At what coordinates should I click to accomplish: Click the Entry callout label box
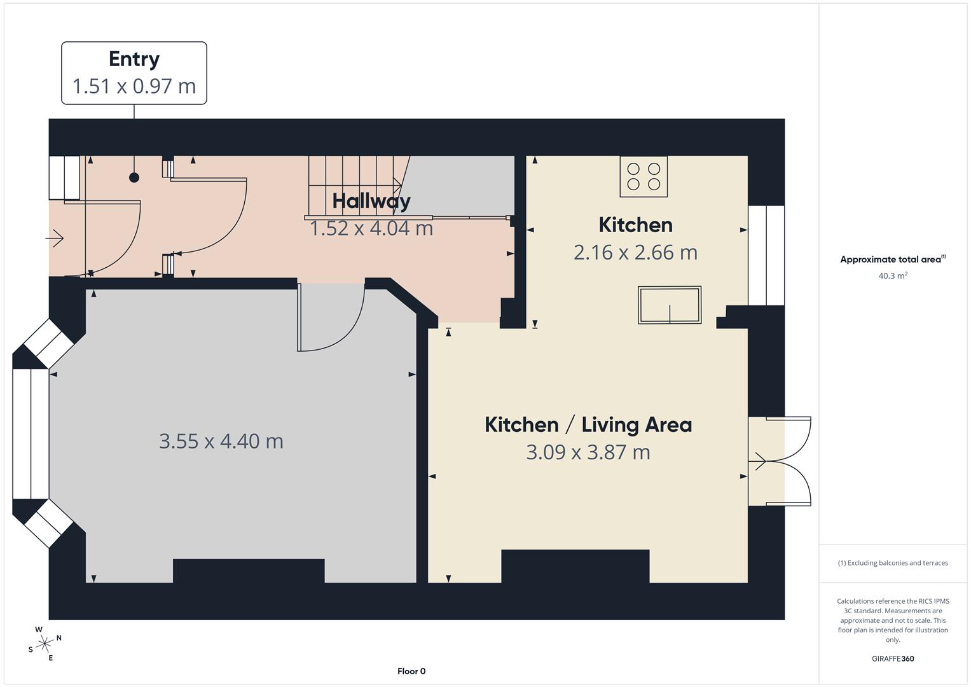coord(134,73)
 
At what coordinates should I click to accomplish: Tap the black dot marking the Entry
coord(134,177)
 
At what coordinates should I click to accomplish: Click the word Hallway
coord(371,202)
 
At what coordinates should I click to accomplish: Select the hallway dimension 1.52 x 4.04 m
coord(371,228)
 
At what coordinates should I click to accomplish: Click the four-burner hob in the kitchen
coord(644,177)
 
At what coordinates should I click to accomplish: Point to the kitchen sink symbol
coord(670,305)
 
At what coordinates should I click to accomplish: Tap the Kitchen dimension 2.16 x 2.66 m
coord(635,253)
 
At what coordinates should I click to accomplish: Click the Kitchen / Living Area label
coord(588,425)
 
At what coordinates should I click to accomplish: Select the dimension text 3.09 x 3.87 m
coord(588,452)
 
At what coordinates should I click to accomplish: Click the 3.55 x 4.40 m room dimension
coord(221,441)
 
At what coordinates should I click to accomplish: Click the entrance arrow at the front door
coord(55,238)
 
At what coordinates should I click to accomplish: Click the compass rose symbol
coord(45,644)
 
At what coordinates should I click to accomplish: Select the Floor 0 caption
coord(411,671)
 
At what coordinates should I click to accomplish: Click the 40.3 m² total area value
coord(893,275)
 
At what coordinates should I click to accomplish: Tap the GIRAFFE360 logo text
coord(893,658)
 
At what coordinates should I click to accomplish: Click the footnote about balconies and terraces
coord(893,563)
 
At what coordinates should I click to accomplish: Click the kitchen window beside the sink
coord(766,256)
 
